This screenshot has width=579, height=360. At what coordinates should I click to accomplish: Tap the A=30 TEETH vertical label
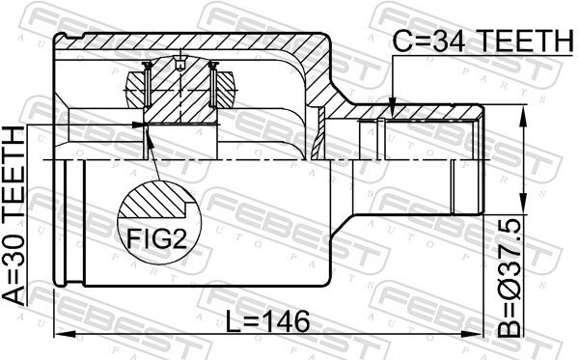[x=14, y=215]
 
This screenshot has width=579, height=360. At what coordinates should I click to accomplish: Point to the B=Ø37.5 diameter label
[x=509, y=278]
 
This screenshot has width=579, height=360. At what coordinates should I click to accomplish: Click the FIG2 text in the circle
[x=156, y=238]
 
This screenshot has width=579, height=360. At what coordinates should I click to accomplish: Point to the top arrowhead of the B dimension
[x=522, y=116]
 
